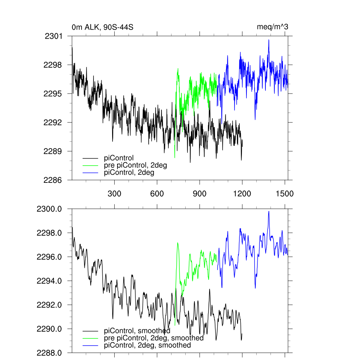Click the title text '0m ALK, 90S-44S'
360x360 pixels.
[x=102, y=27]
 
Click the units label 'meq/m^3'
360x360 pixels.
[x=273, y=27]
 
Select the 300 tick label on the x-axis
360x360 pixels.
[x=115, y=194]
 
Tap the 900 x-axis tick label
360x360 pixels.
[x=200, y=194]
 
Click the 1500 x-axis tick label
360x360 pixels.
[x=285, y=194]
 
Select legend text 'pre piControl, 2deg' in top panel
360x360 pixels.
[x=135, y=165]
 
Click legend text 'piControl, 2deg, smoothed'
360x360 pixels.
[x=148, y=345]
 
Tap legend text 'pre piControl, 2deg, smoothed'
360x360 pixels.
[x=154, y=338]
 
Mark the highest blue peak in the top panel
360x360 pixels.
[x=269, y=40]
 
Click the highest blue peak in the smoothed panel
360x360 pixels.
[x=269, y=211]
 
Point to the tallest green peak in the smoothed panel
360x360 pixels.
[x=178, y=243]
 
